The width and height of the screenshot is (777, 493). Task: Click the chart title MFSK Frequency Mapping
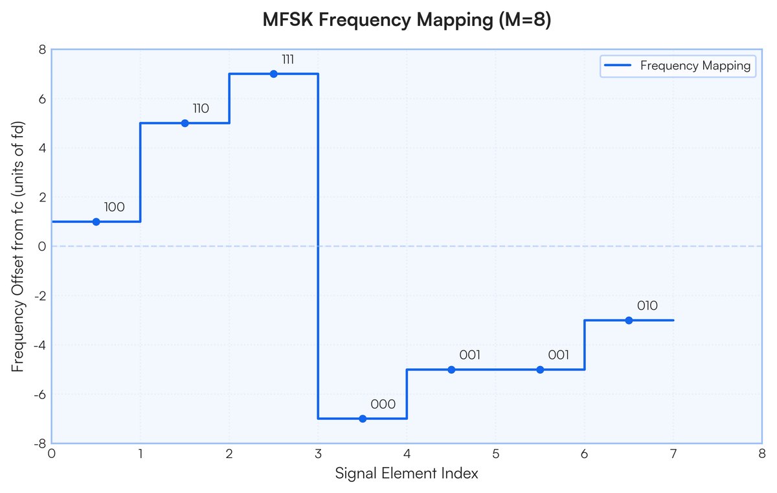coord(407,21)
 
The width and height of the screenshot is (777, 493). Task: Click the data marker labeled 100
coord(96,222)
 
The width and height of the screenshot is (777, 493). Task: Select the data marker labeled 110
coord(185,123)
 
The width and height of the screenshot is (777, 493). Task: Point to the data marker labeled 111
coord(273,74)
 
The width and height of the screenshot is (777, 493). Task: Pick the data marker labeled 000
coord(363,418)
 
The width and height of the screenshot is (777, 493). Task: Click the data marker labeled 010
coord(629,320)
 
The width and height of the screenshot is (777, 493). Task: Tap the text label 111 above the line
coord(288,60)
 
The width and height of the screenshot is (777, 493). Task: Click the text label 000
coord(383,404)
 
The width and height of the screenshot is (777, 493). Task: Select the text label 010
coord(648,306)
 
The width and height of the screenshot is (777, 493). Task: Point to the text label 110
coord(201,109)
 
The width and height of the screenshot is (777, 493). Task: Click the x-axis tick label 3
coord(318,453)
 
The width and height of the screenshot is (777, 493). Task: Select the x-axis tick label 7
coord(673,453)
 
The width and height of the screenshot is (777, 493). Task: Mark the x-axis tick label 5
coord(495,453)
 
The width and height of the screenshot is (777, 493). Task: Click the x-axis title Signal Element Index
coord(407,474)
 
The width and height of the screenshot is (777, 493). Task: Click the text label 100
coord(114,207)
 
